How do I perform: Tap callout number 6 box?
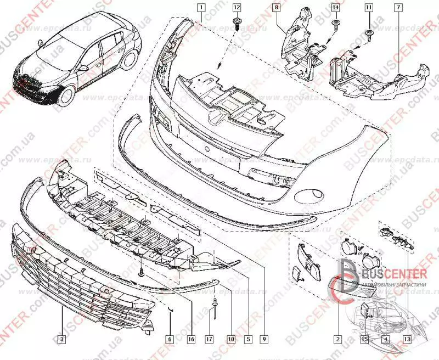[170, 340]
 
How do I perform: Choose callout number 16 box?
[190, 340]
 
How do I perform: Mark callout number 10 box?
[231, 340]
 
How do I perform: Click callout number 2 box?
[339, 340]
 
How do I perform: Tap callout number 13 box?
[406, 340]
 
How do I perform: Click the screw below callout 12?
[237, 22]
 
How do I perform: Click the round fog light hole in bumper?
[306, 195]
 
